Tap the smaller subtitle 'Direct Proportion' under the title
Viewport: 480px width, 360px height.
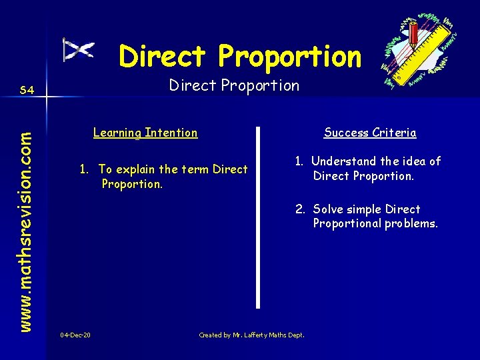click(234, 85)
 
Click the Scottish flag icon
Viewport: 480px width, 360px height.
click(79, 49)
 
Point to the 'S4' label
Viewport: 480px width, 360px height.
click(27, 89)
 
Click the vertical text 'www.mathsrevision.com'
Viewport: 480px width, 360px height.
click(25, 211)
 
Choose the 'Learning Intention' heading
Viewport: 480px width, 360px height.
click(145, 133)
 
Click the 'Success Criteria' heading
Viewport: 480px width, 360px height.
click(370, 133)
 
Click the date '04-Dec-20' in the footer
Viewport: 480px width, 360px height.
click(75, 335)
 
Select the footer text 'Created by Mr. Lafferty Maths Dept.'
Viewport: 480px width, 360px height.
click(251, 335)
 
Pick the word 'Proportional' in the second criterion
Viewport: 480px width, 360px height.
click(347, 223)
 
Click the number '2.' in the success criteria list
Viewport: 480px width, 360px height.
click(301, 209)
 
